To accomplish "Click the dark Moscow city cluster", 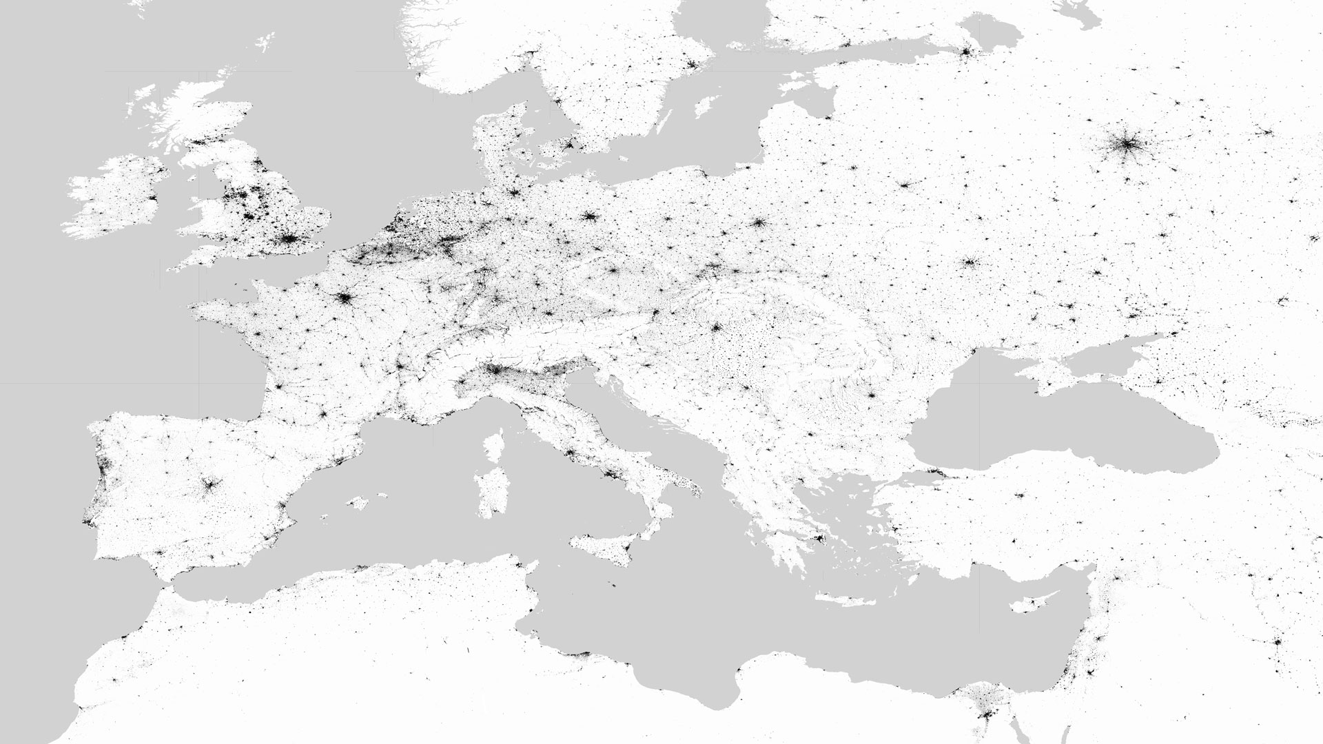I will tap(1127, 145).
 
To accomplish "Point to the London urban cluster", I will tap(290, 240).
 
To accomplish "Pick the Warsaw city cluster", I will tap(759, 223).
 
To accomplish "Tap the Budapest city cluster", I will tap(716, 327).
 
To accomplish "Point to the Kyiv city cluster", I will tap(972, 262).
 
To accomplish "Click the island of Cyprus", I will tap(1034, 604).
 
